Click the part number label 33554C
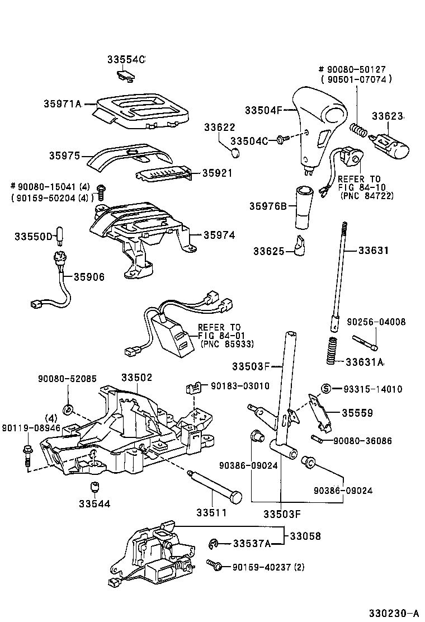click(x=126, y=59)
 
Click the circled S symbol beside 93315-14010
click(x=325, y=389)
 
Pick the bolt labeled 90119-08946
click(x=27, y=454)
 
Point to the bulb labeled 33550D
click(x=58, y=236)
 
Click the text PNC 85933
click(x=219, y=344)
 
